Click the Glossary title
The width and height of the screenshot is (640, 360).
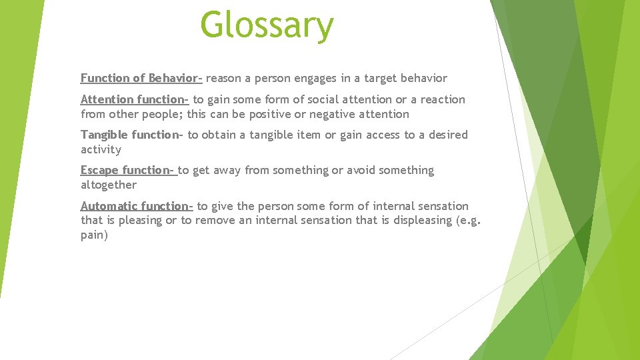[x=267, y=25]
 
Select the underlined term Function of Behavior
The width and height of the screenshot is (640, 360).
[x=141, y=78]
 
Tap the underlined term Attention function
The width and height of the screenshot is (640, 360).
[x=134, y=99]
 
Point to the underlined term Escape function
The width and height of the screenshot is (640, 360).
[x=127, y=170]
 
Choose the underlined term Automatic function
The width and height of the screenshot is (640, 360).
[x=136, y=206]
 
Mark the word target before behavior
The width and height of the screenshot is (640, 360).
[x=378, y=78]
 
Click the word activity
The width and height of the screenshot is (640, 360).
[x=101, y=149]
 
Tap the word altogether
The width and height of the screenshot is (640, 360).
[x=108, y=185]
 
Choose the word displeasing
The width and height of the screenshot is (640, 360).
[x=413, y=220]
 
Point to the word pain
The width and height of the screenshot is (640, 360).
[x=94, y=235]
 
